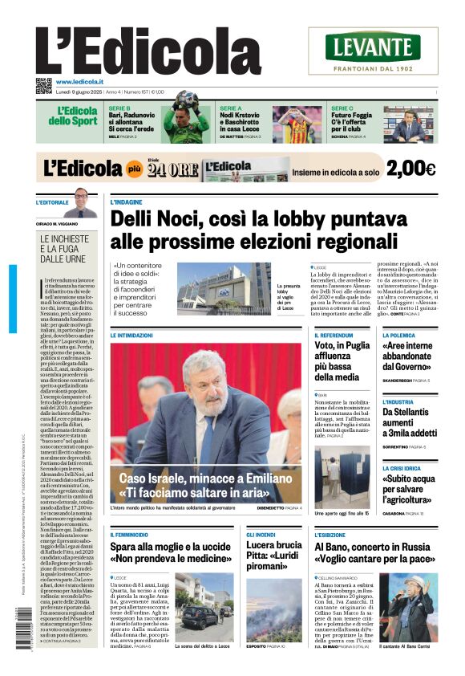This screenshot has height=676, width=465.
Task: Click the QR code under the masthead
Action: point(43,85)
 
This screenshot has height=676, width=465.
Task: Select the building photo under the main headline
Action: point(224,288)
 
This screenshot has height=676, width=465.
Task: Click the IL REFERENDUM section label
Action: point(334,335)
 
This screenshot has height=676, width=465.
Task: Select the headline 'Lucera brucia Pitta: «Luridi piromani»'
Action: point(273,556)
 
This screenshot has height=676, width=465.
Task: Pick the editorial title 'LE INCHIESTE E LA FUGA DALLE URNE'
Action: point(68,249)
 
